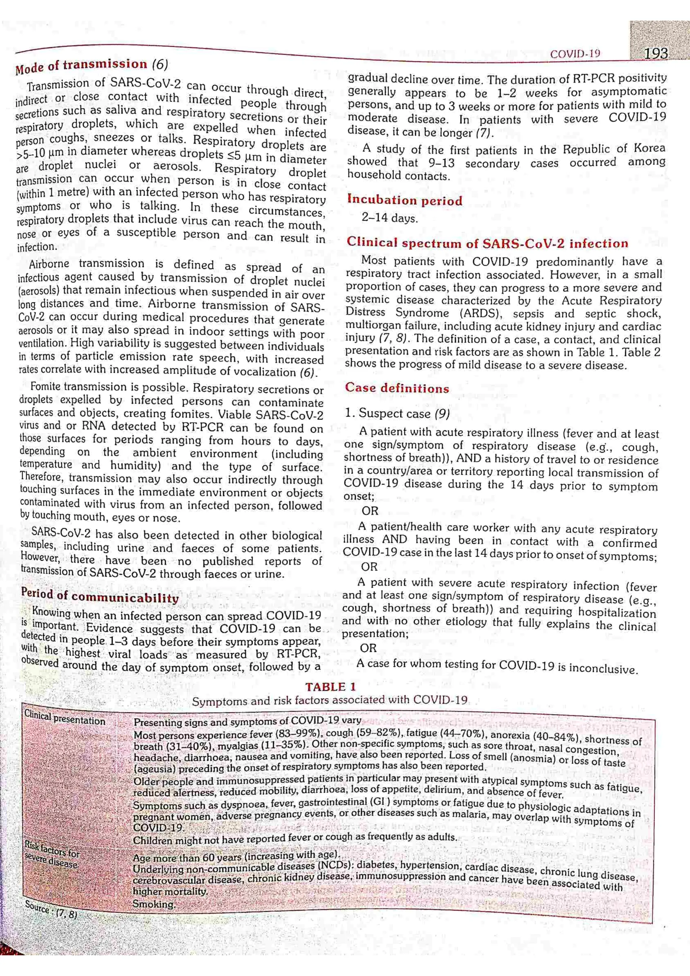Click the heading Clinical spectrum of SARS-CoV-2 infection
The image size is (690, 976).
(x=487, y=243)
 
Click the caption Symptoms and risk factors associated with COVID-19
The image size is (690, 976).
(x=330, y=700)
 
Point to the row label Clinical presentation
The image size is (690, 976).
(x=65, y=718)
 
